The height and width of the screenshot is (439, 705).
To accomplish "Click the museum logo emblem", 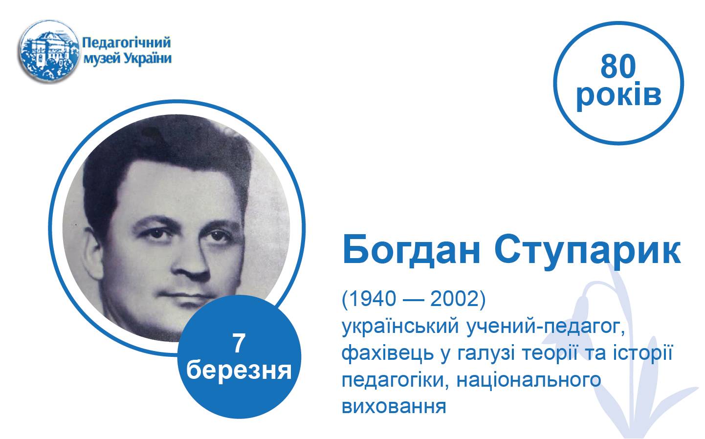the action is pyautogui.click(x=49, y=52).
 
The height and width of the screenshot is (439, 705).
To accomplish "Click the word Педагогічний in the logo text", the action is pyautogui.click(x=127, y=43).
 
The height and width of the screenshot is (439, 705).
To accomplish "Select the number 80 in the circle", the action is pyautogui.click(x=618, y=66).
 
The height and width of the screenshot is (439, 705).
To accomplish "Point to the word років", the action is pyautogui.click(x=618, y=95).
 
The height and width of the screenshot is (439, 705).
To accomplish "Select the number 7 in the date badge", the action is pyautogui.click(x=239, y=344).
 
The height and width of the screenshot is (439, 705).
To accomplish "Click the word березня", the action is pyautogui.click(x=239, y=371).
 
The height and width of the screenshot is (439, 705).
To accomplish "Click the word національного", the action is pyautogui.click(x=529, y=380).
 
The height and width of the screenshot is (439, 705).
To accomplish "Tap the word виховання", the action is pyautogui.click(x=394, y=406).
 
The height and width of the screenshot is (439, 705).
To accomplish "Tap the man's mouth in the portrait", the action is pyautogui.click(x=186, y=296).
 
